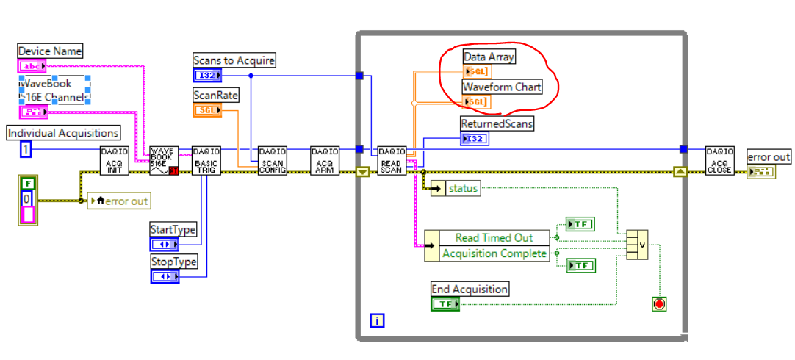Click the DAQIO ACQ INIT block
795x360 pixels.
(114, 161)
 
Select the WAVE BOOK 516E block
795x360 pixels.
(163, 161)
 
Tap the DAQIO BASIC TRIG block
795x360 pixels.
(206, 161)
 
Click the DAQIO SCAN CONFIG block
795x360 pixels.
(272, 161)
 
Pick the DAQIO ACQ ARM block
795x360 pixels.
(325, 161)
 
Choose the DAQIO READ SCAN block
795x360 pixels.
(391, 161)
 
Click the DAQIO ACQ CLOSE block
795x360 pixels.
(719, 161)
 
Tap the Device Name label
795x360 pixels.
(50, 51)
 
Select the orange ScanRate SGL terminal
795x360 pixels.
(207, 110)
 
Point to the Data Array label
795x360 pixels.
(489, 57)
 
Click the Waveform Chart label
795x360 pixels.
(502, 87)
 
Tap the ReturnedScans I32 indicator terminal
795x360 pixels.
(474, 139)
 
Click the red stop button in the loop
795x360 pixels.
(660, 303)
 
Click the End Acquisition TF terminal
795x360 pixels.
(445, 303)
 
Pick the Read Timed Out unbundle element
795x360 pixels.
(494, 237)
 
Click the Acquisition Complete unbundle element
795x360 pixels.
(494, 253)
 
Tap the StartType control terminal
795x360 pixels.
(165, 244)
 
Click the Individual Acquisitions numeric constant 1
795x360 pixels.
(26, 149)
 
